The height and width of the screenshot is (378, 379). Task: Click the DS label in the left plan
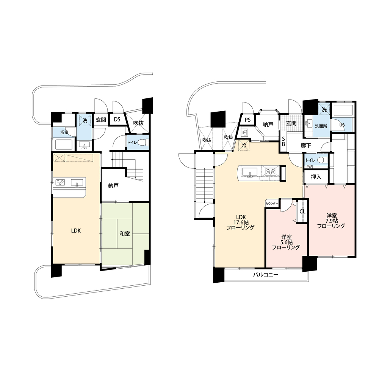(x=117, y=120)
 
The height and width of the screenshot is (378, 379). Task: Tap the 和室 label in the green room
(x=125, y=234)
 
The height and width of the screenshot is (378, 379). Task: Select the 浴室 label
(x=64, y=132)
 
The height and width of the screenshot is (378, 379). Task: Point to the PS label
(x=247, y=120)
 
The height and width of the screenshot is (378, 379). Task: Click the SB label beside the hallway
(x=283, y=141)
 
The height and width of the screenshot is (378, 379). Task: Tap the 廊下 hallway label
(x=306, y=146)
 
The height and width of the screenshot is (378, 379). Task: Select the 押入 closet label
(x=316, y=177)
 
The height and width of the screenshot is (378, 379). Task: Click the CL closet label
(x=302, y=212)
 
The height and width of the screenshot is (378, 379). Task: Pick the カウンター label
(x=272, y=204)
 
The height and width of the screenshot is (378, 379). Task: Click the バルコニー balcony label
(x=266, y=274)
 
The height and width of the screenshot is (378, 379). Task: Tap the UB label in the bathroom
(x=342, y=125)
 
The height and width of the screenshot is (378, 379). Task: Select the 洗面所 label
(x=321, y=126)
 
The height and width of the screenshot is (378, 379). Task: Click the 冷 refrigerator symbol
(x=244, y=146)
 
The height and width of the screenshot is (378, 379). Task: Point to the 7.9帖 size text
(x=331, y=221)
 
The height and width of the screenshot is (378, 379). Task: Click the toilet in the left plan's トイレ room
(x=143, y=142)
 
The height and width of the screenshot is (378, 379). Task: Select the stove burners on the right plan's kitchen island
(x=271, y=171)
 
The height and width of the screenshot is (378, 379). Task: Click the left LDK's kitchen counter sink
(x=77, y=183)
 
